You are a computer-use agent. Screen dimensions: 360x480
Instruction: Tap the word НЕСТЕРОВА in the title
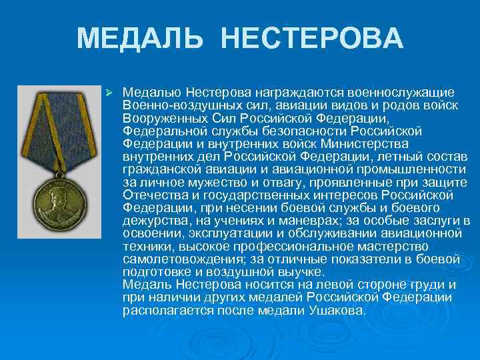pyautogui.click(x=311, y=39)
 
